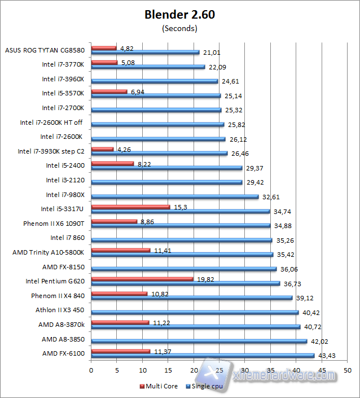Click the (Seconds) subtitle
pos(179,28)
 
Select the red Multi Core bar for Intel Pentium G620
pos(142,278)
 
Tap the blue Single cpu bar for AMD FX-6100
pos(203,356)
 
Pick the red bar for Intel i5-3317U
pos(130,207)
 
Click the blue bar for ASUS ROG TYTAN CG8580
pos(145,53)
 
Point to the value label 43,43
pos(326,354)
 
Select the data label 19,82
pos(205,278)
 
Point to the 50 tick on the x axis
pos(348,370)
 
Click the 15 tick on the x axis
pos(168,370)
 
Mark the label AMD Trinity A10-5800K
pos(48,252)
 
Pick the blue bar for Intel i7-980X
pos(175,197)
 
